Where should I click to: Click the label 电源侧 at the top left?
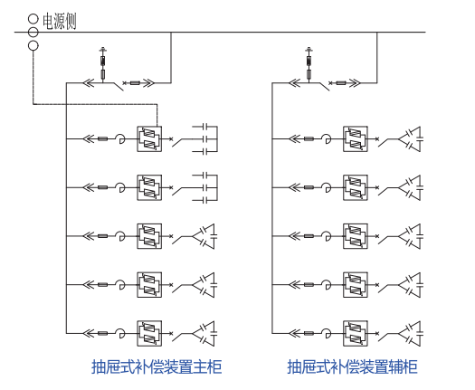pyautogui.click(x=59, y=21)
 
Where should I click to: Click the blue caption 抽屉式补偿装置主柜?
pyautogui.click(x=157, y=366)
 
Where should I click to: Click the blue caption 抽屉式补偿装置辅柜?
pyautogui.click(x=352, y=366)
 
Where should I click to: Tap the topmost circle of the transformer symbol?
pyautogui.click(x=33, y=19)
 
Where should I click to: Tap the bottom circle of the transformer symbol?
pyautogui.click(x=33, y=46)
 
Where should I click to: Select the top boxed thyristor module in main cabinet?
pyautogui.click(x=149, y=139)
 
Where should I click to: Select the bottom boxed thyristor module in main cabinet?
pyautogui.click(x=149, y=333)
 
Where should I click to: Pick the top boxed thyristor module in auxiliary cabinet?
pyautogui.click(x=356, y=139)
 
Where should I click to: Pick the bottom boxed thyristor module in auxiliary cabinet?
pyautogui.click(x=356, y=333)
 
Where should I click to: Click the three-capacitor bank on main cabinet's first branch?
pyautogui.click(x=204, y=139)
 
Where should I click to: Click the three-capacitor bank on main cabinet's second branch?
pyautogui.click(x=204, y=187)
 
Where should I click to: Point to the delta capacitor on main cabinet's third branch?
pyautogui.click(x=204, y=236)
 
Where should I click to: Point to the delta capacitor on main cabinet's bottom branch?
pyautogui.click(x=204, y=333)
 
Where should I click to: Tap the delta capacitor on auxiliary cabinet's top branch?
pyautogui.click(x=411, y=139)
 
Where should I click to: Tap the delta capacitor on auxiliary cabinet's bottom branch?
pyautogui.click(x=411, y=333)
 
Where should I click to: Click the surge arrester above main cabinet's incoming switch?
pyautogui.click(x=103, y=64)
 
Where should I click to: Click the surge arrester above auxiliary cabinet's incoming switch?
pyautogui.click(x=309, y=64)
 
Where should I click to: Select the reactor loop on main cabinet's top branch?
pyautogui.click(x=121, y=138)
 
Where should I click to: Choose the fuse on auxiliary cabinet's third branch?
pyautogui.click(x=309, y=236)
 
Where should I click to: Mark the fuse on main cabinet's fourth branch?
pyautogui.click(x=103, y=284)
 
